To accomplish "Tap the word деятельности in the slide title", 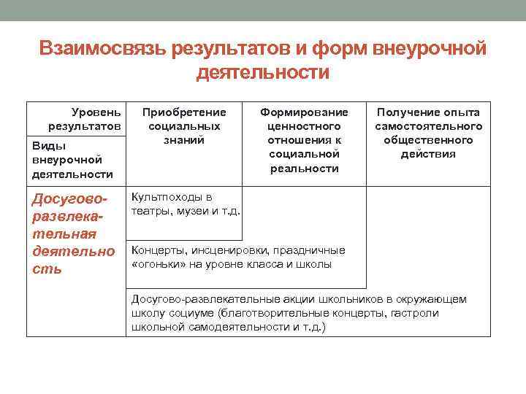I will click(263, 73).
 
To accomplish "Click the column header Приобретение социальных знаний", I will click(183, 125).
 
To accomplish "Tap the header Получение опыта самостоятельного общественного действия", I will click(428, 133).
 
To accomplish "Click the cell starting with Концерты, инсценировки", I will click(237, 257).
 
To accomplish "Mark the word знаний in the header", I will click(183, 139).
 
